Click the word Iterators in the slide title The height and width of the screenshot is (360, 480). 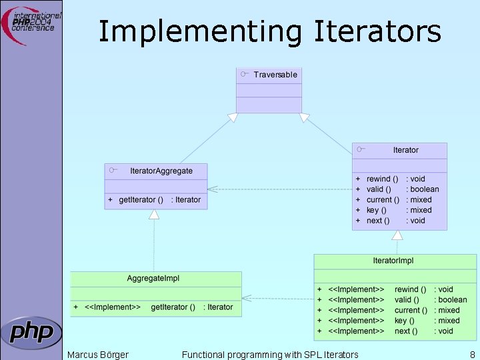click(x=377, y=31)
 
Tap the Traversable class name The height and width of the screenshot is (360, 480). click(x=275, y=75)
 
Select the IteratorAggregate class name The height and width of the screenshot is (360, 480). click(x=161, y=171)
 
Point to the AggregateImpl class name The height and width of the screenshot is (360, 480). click(x=153, y=278)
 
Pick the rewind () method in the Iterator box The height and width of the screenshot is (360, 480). click(x=383, y=179)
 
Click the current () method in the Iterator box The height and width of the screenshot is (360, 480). click(x=383, y=199)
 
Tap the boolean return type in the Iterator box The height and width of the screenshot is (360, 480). click(x=425, y=189)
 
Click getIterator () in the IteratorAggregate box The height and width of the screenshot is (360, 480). click(x=141, y=199)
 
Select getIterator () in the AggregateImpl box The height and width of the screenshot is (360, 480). click(x=173, y=307)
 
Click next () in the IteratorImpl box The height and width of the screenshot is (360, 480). click(x=406, y=331)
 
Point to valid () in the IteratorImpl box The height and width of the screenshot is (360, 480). click(x=407, y=300)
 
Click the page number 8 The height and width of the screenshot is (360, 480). click(x=472, y=355)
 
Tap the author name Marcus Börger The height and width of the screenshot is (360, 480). click(x=98, y=355)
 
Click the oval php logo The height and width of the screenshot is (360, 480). click(x=31, y=332)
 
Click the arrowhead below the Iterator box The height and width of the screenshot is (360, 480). click(x=397, y=235)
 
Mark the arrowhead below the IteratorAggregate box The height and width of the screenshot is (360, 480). click(x=154, y=214)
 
